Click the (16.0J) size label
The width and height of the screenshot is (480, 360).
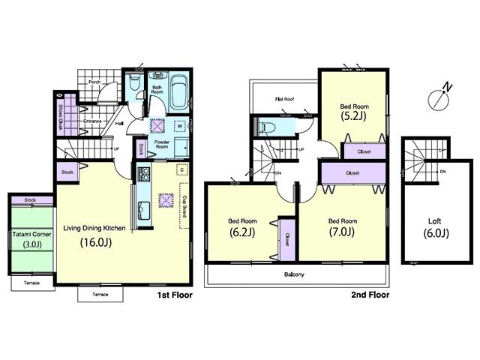[95, 242]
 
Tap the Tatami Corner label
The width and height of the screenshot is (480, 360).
[31, 234]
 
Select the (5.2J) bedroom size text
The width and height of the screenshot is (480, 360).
[353, 117]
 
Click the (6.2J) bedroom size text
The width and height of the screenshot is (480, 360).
[242, 232]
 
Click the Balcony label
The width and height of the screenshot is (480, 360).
[293, 274]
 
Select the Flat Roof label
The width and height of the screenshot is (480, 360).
[283, 99]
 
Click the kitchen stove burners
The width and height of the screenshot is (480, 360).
[144, 178]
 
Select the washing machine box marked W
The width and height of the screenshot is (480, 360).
[181, 125]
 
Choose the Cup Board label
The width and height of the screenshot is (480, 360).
[184, 206]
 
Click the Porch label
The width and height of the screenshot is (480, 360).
[95, 82]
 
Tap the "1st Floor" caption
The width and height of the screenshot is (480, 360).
[174, 295]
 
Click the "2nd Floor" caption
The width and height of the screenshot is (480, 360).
[370, 295]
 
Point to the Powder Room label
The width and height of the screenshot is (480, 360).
[161, 145]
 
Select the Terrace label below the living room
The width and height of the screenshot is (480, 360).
[100, 294]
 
